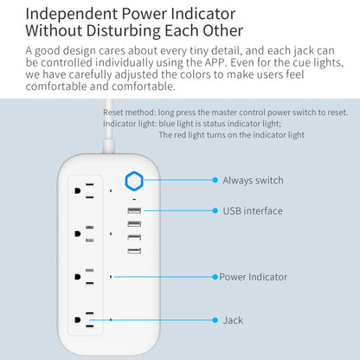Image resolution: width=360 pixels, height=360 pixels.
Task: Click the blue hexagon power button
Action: tap(134, 181)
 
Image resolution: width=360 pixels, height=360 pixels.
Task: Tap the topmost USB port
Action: tap(134, 210)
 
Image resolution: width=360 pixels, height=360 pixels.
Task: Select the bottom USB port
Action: tap(134, 251)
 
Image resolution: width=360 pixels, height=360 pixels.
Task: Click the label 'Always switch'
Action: tap(253, 180)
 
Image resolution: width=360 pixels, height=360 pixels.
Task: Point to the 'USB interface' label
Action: tap(253, 211)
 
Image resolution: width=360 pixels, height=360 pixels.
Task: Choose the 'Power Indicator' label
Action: tap(254, 277)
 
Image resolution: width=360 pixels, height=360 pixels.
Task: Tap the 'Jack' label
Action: tap(233, 320)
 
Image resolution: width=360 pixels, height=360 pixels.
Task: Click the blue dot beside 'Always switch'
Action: tap(215, 180)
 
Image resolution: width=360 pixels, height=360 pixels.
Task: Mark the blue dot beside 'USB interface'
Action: tap(215, 211)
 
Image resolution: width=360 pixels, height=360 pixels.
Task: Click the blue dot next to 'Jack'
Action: tap(215, 320)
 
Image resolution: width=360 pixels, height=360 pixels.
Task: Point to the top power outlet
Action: tap(84, 190)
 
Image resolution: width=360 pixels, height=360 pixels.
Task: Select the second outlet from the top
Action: tap(84, 234)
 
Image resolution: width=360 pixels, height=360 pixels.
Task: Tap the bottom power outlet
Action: tap(84, 319)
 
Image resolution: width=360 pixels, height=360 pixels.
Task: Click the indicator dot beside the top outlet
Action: tap(111, 190)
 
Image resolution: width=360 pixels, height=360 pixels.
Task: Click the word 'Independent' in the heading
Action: tap(71, 14)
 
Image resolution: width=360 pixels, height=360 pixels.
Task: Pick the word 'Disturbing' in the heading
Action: tap(123, 30)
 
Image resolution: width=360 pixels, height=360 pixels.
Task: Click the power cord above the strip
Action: tap(108, 126)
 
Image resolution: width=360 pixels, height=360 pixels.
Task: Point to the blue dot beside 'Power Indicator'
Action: tap(215, 277)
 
